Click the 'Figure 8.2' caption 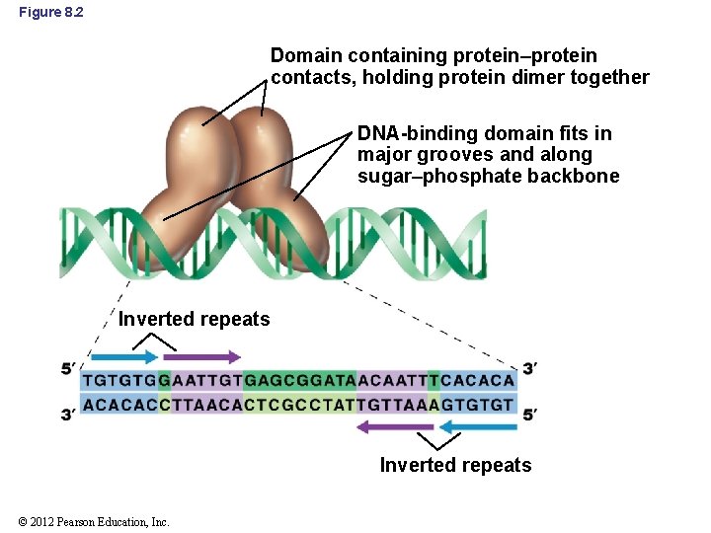(x=50, y=11)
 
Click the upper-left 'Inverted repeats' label (x=194, y=319)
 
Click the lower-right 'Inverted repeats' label (x=455, y=465)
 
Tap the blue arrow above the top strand (x=123, y=357)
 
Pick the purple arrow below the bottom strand (x=394, y=427)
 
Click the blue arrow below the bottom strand (x=477, y=427)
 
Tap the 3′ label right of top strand (x=529, y=369)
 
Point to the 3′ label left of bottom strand (x=69, y=415)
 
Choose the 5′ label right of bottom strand (x=530, y=415)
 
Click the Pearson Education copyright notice (x=94, y=521)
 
